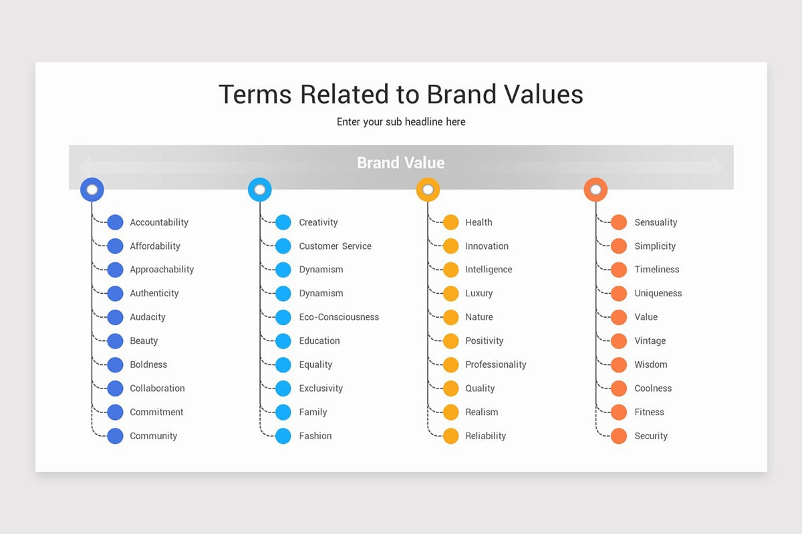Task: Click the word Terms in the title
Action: click(255, 94)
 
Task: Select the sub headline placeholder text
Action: click(401, 122)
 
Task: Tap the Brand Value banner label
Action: click(400, 163)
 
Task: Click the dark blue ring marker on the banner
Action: click(92, 190)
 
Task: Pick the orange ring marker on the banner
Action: click(595, 190)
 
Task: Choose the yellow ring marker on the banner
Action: click(428, 190)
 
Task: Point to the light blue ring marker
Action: click(259, 190)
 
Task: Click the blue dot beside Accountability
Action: click(116, 222)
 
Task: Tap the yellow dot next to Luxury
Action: click(451, 294)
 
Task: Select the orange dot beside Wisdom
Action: click(619, 365)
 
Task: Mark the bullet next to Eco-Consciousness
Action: click(283, 317)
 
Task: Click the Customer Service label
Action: click(335, 246)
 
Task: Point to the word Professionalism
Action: click(495, 364)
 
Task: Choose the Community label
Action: click(153, 436)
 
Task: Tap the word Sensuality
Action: click(656, 222)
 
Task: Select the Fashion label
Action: click(315, 436)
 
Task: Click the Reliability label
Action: click(485, 436)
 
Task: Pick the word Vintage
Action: click(650, 341)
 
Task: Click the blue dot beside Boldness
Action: click(116, 365)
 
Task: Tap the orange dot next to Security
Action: click(619, 436)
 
